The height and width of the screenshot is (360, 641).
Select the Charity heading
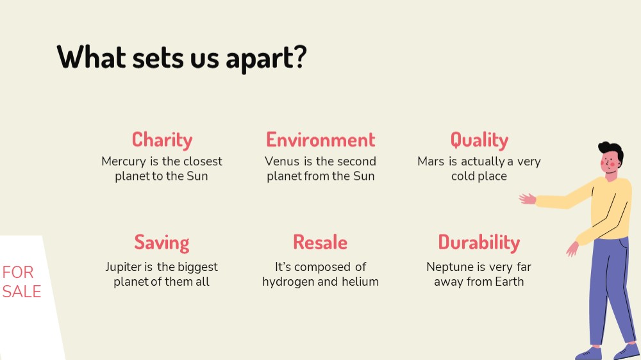point(162,140)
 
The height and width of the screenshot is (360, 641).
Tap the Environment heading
point(320,140)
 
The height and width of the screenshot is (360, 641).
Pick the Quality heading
point(479,140)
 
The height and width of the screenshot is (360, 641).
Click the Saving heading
point(162,243)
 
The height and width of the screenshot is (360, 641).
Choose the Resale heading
point(320,242)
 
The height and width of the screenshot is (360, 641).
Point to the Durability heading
point(479,243)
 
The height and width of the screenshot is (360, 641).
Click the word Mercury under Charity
point(124,162)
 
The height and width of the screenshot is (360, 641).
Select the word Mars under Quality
point(431,161)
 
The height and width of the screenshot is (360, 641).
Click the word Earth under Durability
point(510,282)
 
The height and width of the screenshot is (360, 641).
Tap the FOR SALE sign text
point(21,282)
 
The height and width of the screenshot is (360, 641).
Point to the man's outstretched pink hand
point(528,199)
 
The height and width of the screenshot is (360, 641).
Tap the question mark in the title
point(300,56)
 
